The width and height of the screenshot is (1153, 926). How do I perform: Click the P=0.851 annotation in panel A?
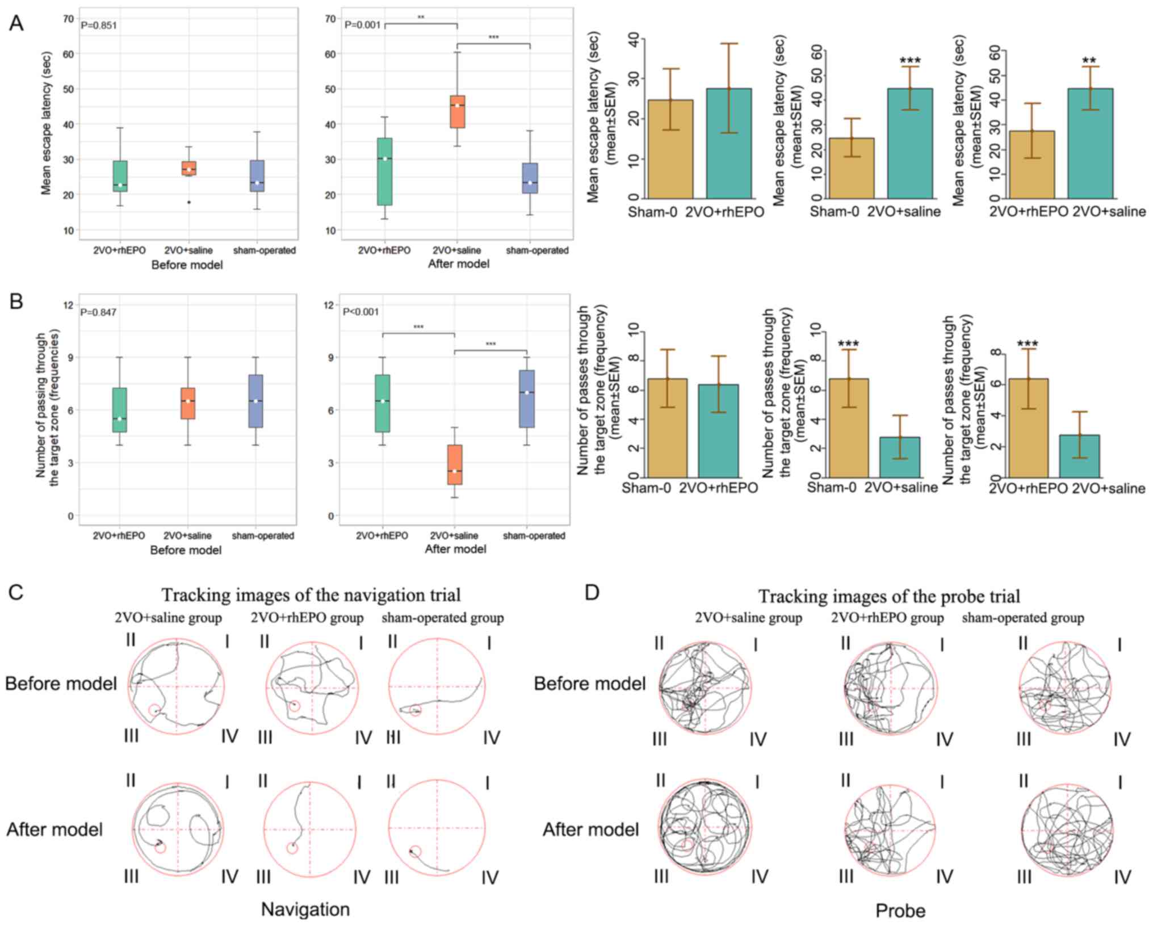point(99,25)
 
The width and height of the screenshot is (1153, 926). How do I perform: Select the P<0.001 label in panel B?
point(361,312)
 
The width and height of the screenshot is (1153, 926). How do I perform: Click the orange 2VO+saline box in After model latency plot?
point(457,112)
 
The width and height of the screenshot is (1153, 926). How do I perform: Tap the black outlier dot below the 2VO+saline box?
point(189,202)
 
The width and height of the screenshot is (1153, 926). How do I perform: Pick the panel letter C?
point(16,593)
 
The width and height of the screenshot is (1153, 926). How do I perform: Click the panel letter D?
point(592,593)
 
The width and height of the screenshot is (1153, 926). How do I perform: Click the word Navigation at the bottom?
point(305,909)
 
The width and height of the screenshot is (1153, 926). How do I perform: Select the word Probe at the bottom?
point(900,910)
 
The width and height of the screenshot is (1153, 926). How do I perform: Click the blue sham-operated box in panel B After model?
point(527,399)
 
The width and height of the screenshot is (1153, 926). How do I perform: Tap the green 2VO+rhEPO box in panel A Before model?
point(120,176)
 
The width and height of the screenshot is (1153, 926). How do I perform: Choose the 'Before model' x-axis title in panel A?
point(187,265)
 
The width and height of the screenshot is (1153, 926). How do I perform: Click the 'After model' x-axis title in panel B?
point(455,549)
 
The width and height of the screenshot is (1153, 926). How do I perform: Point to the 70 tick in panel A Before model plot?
point(68,19)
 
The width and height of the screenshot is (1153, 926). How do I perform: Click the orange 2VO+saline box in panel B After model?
point(455,464)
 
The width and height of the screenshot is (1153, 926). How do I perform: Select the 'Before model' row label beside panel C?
point(61,683)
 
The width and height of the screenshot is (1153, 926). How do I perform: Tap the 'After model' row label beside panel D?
point(590,829)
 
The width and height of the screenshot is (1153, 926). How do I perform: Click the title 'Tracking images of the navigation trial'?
point(311,594)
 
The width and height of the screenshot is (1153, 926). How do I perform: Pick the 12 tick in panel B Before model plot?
point(68,305)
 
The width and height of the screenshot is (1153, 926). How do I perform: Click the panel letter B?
point(16,301)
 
